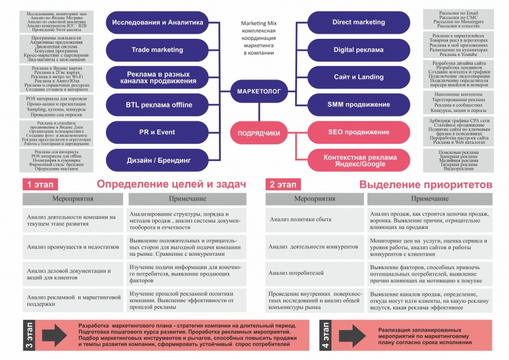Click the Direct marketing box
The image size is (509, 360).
358,22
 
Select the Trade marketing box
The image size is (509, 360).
157,50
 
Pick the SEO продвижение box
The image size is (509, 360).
358,132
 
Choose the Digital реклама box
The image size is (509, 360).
358,50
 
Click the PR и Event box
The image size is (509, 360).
157,132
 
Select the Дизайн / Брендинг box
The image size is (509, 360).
157,161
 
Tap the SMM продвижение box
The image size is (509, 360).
358,104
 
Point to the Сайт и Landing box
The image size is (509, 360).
358,77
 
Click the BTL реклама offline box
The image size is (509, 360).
157,104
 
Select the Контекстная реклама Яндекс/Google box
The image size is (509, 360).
358,160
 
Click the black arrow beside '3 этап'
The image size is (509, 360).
54,335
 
